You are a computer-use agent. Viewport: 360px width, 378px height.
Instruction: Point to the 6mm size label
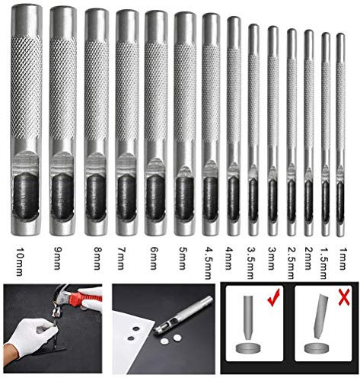[155, 260]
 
